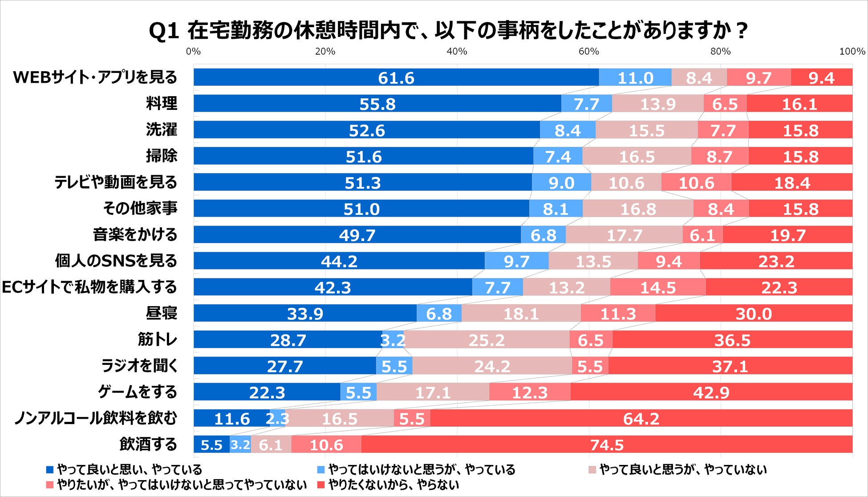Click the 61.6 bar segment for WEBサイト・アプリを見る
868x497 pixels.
click(396, 77)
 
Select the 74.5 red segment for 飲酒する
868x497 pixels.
click(607, 444)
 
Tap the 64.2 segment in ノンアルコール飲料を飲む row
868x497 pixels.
click(641, 418)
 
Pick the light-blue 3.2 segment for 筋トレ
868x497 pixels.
click(393, 339)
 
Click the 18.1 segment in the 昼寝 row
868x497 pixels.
click(521, 313)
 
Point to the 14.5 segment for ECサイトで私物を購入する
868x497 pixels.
click(658, 287)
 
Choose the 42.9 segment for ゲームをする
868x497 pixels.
click(711, 392)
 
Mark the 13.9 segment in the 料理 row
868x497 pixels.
click(657, 104)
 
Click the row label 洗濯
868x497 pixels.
click(162, 129)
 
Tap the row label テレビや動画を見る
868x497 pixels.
click(116, 182)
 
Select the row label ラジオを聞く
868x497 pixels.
click(139, 366)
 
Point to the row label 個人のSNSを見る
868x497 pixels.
click(116, 261)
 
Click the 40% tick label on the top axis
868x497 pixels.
click(457, 52)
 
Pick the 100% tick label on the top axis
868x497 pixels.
click(852, 52)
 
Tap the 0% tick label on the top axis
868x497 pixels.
click(193, 52)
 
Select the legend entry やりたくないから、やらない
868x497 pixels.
click(393, 485)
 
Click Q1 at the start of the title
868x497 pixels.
click(163, 31)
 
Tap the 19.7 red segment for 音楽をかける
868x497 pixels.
click(787, 234)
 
